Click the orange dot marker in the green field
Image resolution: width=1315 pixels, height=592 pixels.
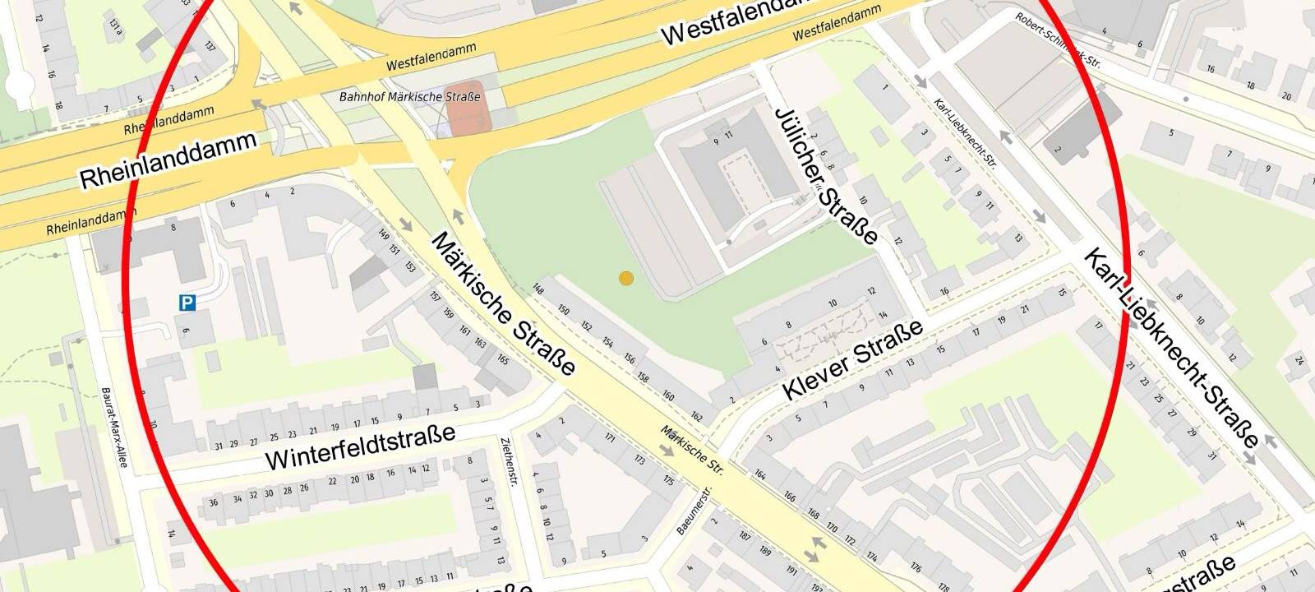tap(626, 279)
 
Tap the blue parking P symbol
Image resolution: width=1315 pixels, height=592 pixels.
tap(187, 303)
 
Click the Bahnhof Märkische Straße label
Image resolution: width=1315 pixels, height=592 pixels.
tap(409, 97)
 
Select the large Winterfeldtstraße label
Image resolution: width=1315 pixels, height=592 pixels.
tap(360, 446)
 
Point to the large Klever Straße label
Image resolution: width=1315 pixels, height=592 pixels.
tap(852, 360)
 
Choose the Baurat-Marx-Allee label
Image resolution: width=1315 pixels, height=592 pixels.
tap(114, 428)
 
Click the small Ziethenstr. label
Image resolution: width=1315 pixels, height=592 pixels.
tap(508, 461)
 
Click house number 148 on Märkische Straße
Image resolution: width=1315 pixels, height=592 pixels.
tap(538, 289)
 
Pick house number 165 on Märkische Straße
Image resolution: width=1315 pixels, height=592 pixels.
tap(503, 360)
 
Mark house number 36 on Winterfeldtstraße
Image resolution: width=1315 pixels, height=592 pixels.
tap(214, 502)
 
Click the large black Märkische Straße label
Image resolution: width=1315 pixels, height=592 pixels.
tap(502, 303)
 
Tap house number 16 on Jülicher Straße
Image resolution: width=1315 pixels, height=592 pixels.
tap(944, 291)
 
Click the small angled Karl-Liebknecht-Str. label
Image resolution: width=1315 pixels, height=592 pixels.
tap(965, 134)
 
